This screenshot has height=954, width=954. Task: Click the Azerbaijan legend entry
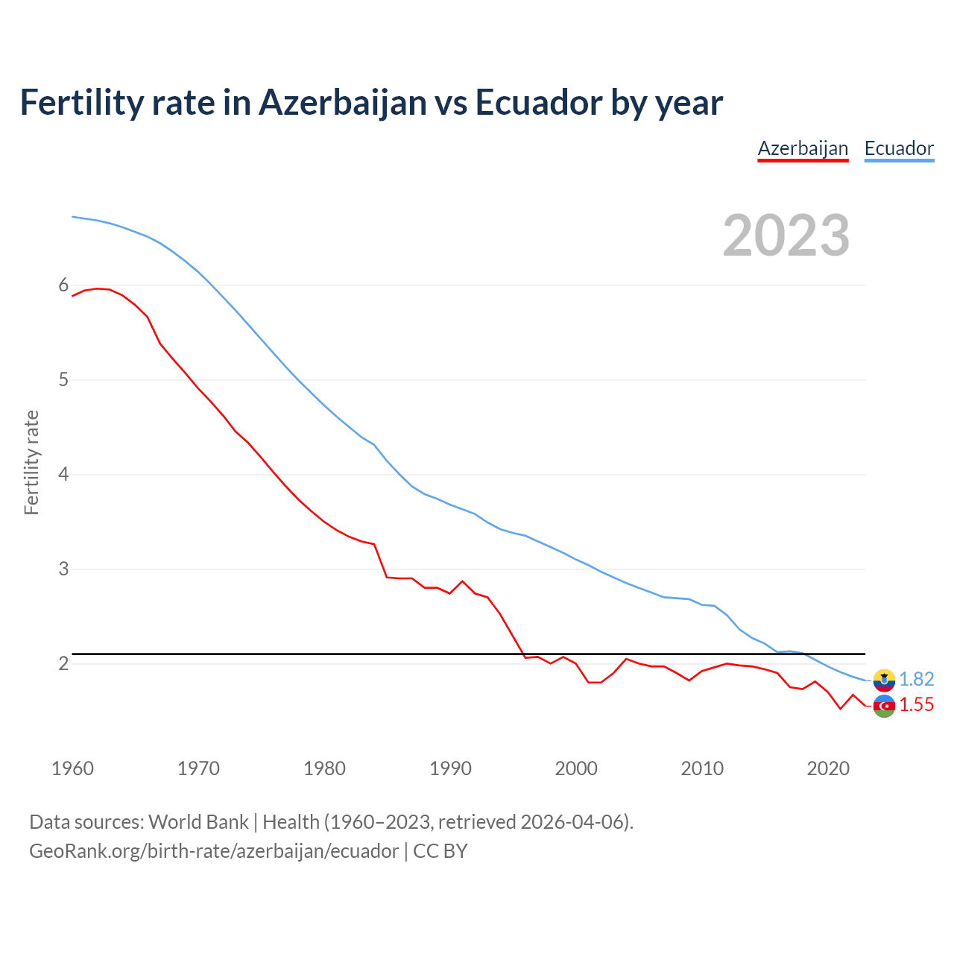coord(803,148)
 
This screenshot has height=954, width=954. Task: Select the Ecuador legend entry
coord(899,148)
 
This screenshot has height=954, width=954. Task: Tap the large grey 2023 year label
coord(786,236)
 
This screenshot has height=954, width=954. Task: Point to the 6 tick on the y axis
coord(63,285)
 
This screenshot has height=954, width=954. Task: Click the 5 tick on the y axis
coord(63,380)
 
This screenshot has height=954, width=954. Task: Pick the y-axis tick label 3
coord(63,569)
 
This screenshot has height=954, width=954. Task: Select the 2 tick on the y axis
coord(63,664)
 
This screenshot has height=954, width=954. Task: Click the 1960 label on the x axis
coord(72,768)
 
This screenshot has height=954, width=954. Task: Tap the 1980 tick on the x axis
coord(324,768)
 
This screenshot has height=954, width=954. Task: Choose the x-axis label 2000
coord(576,768)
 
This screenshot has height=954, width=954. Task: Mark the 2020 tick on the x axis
coord(828,768)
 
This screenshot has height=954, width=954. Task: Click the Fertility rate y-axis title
coord(31,462)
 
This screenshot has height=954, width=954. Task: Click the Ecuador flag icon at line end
coord(884,679)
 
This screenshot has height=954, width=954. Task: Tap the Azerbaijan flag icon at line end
coord(884,706)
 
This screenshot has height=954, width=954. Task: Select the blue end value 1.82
coord(916,679)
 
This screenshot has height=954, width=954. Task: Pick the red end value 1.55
coord(916,705)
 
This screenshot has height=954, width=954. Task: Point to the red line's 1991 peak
coord(462,581)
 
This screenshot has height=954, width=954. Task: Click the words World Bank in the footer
coord(198,822)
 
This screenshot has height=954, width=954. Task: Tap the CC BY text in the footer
coord(440,851)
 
